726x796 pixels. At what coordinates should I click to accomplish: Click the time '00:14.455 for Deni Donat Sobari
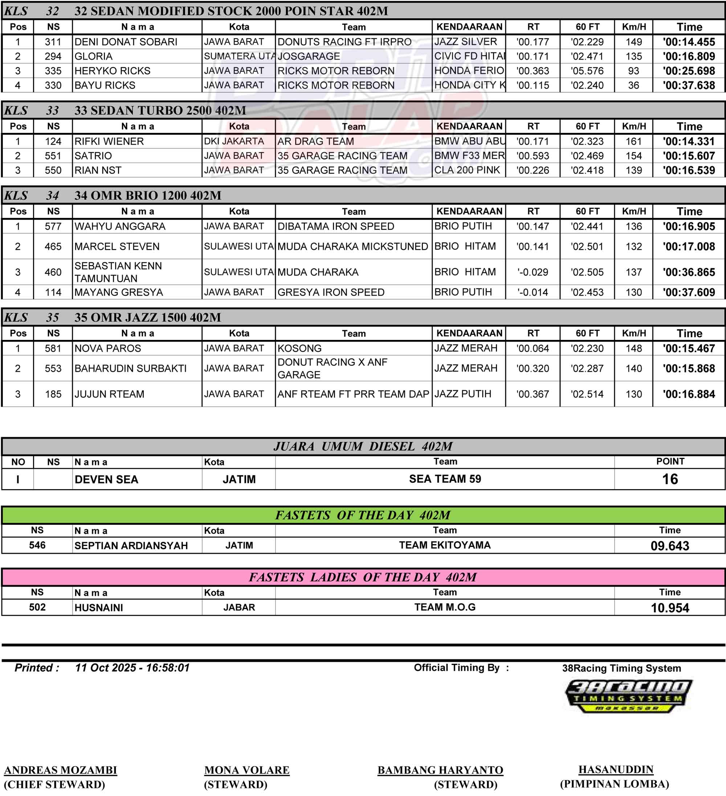[689, 42]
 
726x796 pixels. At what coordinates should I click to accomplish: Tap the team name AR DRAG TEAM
[315, 141]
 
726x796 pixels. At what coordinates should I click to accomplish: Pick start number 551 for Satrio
[53, 156]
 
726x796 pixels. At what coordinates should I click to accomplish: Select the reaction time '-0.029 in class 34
[533, 272]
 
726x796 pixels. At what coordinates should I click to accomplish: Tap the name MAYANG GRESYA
[118, 293]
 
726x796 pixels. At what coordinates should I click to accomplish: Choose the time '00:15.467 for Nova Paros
[689, 349]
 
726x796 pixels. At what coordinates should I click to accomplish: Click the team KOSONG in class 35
[299, 349]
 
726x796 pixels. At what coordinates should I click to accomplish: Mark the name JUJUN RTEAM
[109, 394]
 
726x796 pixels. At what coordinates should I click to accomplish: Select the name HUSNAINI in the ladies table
[99, 608]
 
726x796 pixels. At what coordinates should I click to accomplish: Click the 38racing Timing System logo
[628, 696]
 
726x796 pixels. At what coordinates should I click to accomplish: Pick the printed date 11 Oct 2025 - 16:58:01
[132, 668]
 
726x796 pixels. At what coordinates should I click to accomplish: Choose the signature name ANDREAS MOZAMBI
[60, 770]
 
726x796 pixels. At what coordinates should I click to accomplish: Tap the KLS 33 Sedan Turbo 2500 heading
[160, 110]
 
